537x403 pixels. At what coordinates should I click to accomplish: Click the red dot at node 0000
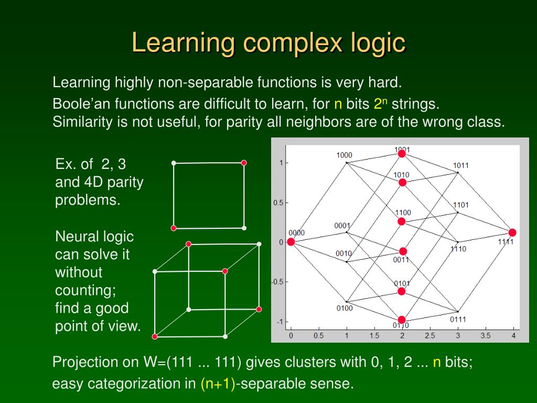(291, 242)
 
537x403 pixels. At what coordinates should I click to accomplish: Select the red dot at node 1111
(512, 232)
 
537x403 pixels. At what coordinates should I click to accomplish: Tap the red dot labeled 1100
(402, 221)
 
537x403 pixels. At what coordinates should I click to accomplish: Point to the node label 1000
(344, 155)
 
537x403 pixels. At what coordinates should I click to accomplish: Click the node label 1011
(461, 165)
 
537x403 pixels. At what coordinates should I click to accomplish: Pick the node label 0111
(458, 319)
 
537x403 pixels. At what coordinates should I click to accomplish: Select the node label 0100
(345, 308)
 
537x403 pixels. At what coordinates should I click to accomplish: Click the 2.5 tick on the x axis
(430, 335)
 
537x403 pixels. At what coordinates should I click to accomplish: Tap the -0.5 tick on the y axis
(277, 282)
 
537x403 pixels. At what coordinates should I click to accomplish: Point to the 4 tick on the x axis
(513, 335)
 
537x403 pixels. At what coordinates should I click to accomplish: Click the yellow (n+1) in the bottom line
(218, 384)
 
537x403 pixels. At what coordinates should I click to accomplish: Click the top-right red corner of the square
(244, 163)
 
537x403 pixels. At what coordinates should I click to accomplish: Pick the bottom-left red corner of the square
(174, 228)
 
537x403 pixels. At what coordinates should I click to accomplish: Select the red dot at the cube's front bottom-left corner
(155, 336)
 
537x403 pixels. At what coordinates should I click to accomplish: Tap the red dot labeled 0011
(403, 251)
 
